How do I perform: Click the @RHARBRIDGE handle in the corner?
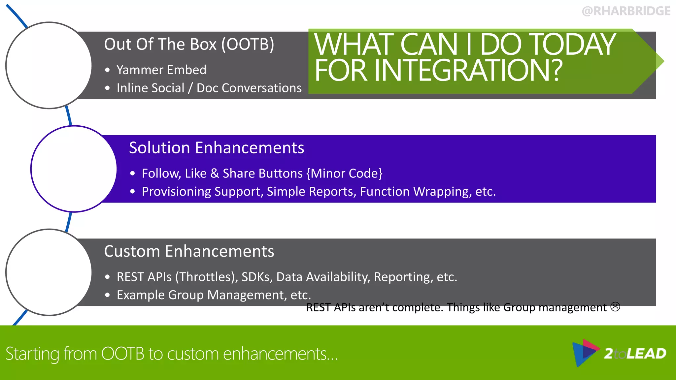pos(626,11)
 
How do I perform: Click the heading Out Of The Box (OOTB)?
pos(189,44)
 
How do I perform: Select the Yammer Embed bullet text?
pos(161,70)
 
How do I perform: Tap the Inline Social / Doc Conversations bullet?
pos(209,88)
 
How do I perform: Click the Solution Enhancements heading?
pos(216,147)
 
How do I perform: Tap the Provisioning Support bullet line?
pos(319,192)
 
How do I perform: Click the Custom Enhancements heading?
pos(189,251)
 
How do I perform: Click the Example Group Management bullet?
pos(214,295)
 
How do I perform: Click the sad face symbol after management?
pos(615,307)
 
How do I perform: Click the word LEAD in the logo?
pos(646,354)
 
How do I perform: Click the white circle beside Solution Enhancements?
pos(74,169)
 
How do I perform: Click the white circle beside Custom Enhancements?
pos(49,272)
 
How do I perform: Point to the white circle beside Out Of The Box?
pos(49,65)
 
